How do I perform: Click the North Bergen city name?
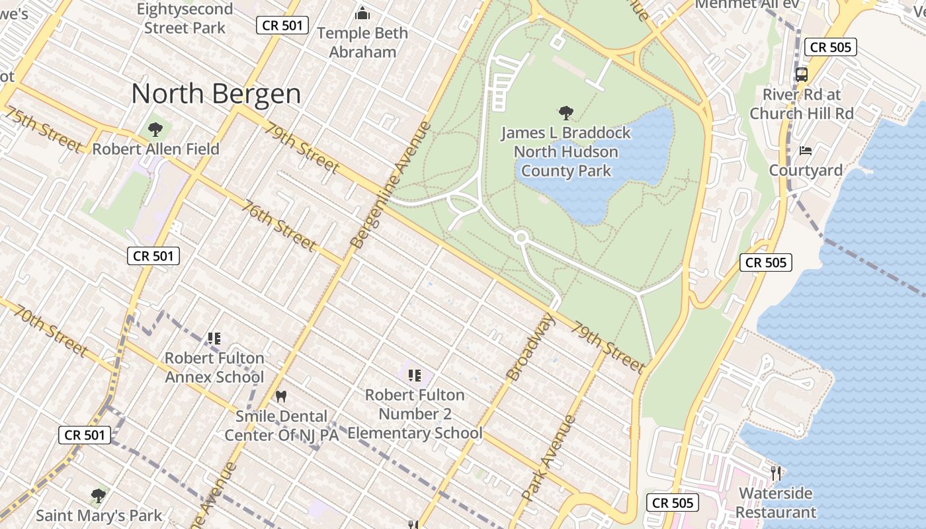(216, 94)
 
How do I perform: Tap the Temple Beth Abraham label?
(362, 42)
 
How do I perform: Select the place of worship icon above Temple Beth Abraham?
(362, 13)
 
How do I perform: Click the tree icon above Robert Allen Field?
(155, 129)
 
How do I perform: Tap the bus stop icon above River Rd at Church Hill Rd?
(802, 74)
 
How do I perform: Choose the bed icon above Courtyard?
(806, 151)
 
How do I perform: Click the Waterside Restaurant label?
(776, 503)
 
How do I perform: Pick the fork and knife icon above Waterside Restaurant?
(776, 473)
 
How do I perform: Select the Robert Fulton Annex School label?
(214, 368)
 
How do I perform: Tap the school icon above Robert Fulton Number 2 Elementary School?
(415, 376)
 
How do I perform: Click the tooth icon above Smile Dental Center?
(281, 397)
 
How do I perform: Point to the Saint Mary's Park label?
(99, 515)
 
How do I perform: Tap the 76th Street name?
(278, 226)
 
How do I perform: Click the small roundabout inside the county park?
(521, 237)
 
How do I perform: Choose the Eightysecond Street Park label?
(185, 19)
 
